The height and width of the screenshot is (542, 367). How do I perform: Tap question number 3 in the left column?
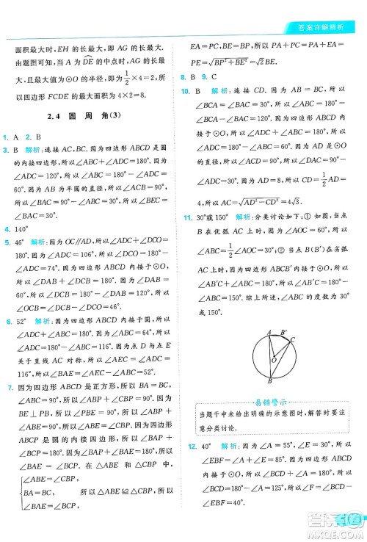click(x=5, y=149)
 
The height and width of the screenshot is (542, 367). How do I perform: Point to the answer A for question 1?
click(x=15, y=137)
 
